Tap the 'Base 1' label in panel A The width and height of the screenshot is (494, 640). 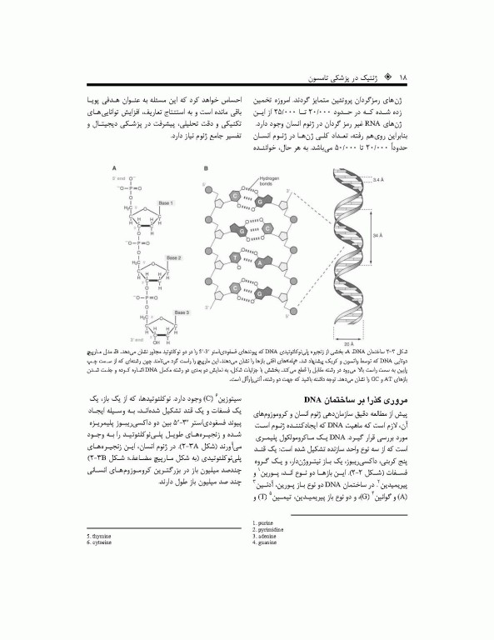167,203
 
